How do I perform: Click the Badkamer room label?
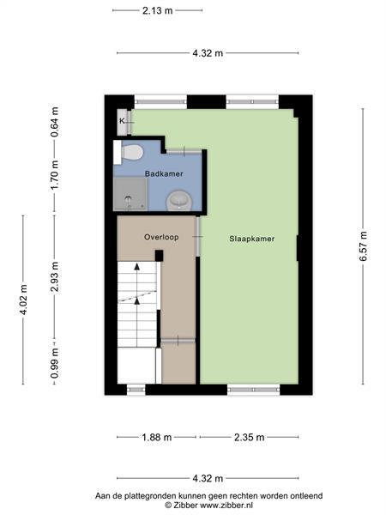pyautogui.click(x=164, y=173)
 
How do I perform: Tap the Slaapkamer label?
pyautogui.click(x=251, y=239)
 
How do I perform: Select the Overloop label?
pyautogui.click(x=161, y=237)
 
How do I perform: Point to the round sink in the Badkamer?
pyautogui.click(x=179, y=200)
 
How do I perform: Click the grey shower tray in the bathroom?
pyautogui.click(x=130, y=194)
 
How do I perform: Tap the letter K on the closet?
pyautogui.click(x=122, y=121)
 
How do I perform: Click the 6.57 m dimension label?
pyautogui.click(x=363, y=246)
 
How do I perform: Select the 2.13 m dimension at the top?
pyautogui.click(x=157, y=10)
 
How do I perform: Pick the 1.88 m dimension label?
pyautogui.click(x=157, y=437)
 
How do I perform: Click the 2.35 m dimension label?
pyautogui.click(x=249, y=437)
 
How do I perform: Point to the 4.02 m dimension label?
pyautogui.click(x=23, y=300)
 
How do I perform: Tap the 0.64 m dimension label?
pyautogui.click(x=55, y=122)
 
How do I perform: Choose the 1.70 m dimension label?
pyautogui.click(x=55, y=175)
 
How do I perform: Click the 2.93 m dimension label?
pyautogui.click(x=55, y=277)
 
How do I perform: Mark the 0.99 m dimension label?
pyautogui.click(x=55, y=363)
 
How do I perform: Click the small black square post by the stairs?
pyautogui.click(x=159, y=256)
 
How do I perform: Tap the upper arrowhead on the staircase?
pyautogui.click(x=137, y=266)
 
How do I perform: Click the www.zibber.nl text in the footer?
pyautogui.click(x=226, y=505)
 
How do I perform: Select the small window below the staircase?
pyautogui.click(x=136, y=390)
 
